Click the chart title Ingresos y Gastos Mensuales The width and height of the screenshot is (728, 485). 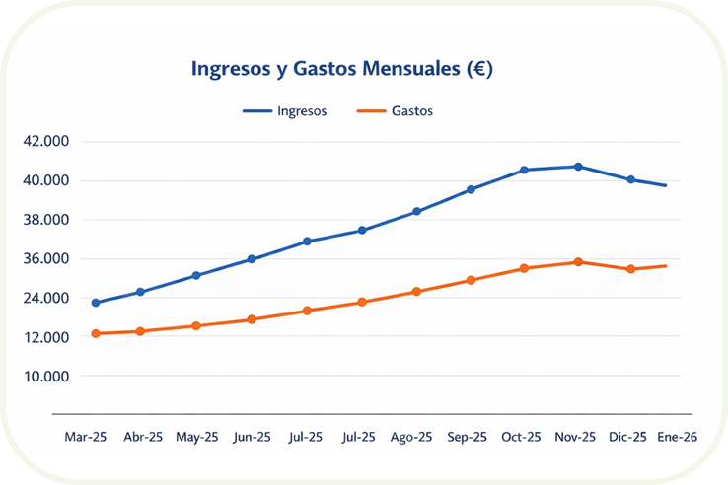click(341, 70)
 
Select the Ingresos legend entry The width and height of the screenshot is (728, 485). click(285, 111)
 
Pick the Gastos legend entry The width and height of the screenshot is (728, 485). click(396, 111)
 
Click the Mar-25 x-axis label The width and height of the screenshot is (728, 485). click(87, 437)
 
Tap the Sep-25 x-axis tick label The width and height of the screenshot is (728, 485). click(468, 437)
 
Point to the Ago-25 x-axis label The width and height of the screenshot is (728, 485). click(411, 437)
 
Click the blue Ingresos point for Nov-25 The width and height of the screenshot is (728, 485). click(578, 167)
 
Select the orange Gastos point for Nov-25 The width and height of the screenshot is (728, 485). click(578, 262)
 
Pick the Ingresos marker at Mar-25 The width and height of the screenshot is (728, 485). click(96, 303)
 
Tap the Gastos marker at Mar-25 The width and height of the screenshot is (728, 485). click(96, 333)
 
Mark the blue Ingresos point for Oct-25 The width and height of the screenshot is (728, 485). click(525, 171)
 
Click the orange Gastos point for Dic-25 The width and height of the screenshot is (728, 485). click(631, 269)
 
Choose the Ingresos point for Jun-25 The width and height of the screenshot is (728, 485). click(252, 259)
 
